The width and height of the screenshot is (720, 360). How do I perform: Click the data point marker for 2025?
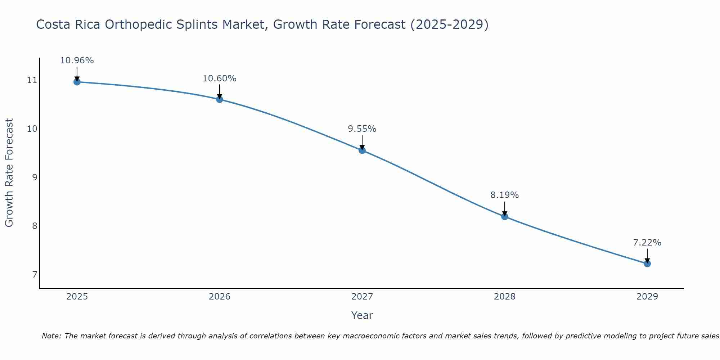tap(77, 82)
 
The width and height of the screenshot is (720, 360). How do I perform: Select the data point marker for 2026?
tap(220, 99)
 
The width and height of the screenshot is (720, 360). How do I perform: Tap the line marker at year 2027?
tap(362, 150)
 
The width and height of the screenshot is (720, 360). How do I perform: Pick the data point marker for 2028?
tap(505, 216)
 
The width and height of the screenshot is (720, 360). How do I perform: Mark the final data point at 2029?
tap(647, 264)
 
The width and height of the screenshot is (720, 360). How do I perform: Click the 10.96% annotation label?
tap(77, 60)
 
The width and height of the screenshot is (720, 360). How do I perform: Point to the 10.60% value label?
tap(220, 78)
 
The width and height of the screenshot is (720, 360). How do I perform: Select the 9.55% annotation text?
tap(362, 129)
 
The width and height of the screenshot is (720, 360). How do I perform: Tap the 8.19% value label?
tap(505, 195)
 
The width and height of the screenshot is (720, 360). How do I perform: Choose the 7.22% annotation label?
tap(647, 243)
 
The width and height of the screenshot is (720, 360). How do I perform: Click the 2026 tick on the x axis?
tap(220, 297)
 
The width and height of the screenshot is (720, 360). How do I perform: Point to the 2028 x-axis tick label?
tap(505, 297)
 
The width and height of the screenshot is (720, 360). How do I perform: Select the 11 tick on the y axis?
tap(32, 80)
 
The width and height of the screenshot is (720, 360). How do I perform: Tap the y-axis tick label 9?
tap(35, 177)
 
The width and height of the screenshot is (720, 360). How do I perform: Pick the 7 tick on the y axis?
tap(35, 275)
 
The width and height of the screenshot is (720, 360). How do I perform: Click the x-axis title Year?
tap(362, 315)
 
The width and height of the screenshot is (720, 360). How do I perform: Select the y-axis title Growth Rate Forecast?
tap(9, 173)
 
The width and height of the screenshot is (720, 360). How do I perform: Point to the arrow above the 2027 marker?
tap(362, 142)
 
